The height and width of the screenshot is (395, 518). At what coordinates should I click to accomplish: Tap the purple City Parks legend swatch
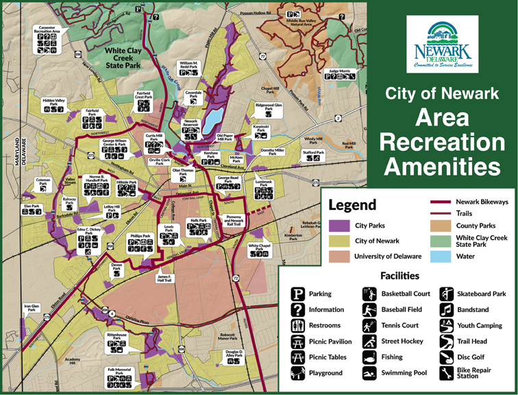pyautogui.click(x=340, y=225)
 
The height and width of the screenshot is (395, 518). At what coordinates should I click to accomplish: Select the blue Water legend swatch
pyautogui.click(x=441, y=256)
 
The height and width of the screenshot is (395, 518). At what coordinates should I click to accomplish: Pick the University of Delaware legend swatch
pyautogui.click(x=340, y=256)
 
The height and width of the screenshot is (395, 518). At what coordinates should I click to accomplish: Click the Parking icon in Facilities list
pyautogui.click(x=298, y=294)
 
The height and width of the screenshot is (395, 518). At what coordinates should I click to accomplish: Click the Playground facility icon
pyautogui.click(x=298, y=373)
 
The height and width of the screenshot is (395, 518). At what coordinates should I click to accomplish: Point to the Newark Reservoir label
pyautogui.click(x=190, y=123)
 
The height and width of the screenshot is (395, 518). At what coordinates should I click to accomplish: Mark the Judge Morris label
pyautogui.click(x=340, y=71)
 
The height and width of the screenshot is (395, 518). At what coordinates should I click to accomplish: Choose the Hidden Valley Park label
pyautogui.click(x=53, y=101)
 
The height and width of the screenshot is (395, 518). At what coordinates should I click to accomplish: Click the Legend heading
pyautogui.click(x=352, y=205)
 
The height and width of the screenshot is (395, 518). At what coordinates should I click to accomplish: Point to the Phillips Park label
pyautogui.click(x=141, y=235)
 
